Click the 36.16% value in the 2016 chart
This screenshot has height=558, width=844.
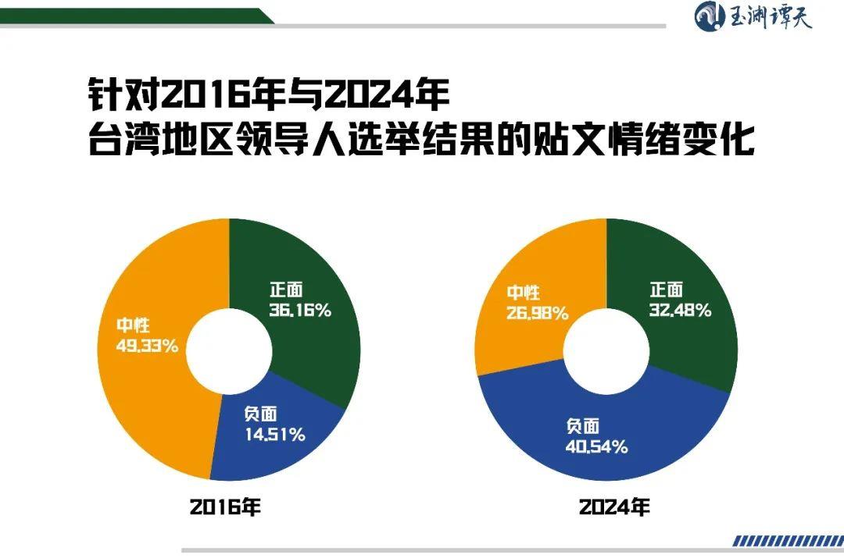(300, 310)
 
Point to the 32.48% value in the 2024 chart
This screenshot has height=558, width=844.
(679, 310)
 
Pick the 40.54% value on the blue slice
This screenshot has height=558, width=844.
(596, 446)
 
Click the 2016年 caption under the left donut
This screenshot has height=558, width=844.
(225, 507)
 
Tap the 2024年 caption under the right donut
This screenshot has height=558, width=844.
(613, 507)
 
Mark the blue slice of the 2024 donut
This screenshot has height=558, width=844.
(664, 437)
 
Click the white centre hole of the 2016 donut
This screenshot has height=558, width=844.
(229, 348)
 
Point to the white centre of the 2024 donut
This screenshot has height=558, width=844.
(606, 348)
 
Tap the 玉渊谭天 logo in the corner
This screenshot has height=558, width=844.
(753, 16)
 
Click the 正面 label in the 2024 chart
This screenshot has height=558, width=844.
(666, 290)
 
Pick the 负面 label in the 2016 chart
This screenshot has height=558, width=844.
(260, 414)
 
